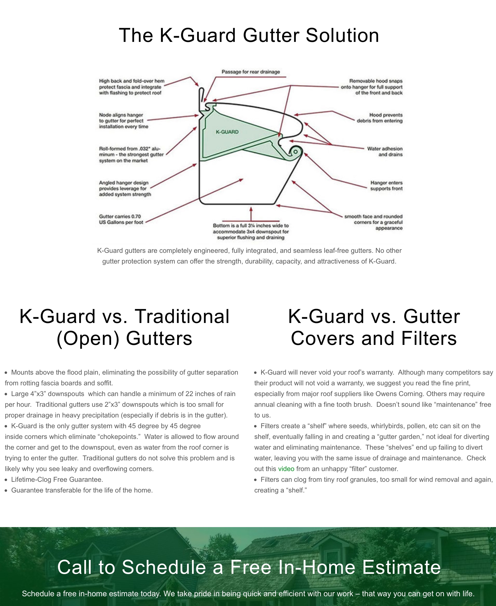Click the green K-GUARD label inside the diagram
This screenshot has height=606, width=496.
click(x=227, y=132)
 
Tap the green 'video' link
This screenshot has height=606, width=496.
click(x=286, y=469)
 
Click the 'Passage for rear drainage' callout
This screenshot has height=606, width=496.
click(x=251, y=72)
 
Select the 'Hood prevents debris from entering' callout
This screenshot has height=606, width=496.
click(x=379, y=118)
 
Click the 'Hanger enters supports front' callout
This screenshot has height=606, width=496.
click(x=386, y=186)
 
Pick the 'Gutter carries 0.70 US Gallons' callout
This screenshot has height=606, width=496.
click(x=121, y=219)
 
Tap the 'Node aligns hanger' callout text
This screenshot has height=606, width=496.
click(x=124, y=121)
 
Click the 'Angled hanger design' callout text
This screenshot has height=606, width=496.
click(x=125, y=189)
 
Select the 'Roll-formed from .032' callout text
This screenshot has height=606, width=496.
click(x=131, y=154)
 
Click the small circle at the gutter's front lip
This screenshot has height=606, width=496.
click(x=296, y=152)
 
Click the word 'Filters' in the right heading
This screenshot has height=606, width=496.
click(x=429, y=338)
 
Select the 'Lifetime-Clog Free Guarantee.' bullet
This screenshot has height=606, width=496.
click(x=57, y=480)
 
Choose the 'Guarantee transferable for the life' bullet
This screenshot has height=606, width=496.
click(x=82, y=490)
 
